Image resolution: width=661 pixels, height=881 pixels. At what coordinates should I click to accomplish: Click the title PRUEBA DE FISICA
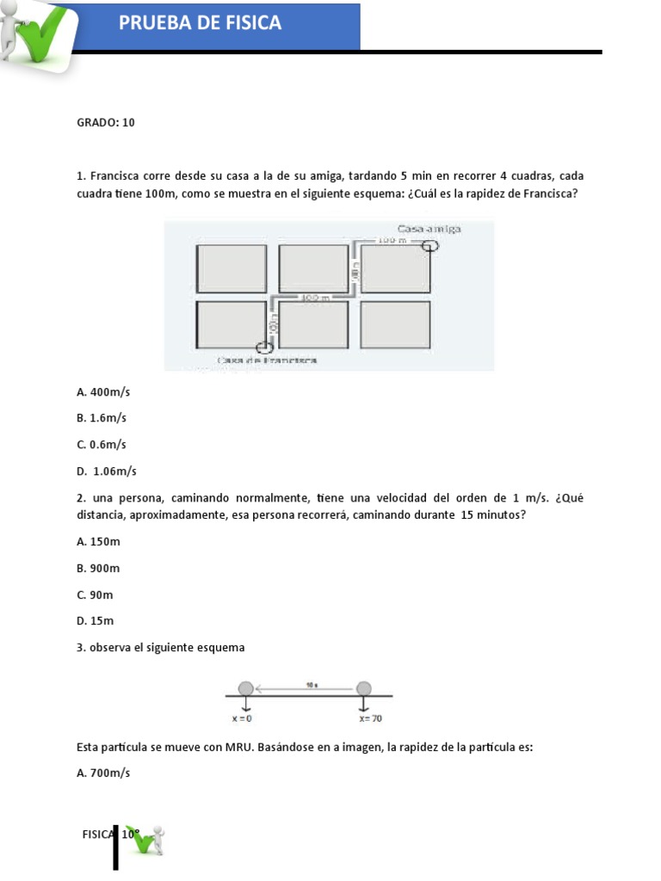coord(201,23)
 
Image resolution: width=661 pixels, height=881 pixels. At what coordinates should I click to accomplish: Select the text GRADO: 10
coord(106,122)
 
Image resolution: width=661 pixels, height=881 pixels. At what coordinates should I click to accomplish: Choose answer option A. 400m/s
coord(103,391)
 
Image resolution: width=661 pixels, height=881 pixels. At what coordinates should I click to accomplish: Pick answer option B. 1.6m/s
coord(102,418)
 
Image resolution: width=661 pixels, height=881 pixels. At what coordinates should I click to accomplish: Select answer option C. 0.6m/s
coord(102,445)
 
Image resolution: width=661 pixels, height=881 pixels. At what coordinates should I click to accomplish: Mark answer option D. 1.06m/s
coord(107,471)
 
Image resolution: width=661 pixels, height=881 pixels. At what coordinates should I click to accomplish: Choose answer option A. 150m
coord(98,541)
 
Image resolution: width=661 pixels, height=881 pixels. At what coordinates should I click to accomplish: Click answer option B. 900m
coord(98,568)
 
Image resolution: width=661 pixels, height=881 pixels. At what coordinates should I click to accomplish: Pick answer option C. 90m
coord(95,595)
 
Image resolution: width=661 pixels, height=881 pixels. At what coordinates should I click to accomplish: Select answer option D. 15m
coord(95,620)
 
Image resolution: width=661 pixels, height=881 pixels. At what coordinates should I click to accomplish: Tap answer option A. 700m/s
coord(103,773)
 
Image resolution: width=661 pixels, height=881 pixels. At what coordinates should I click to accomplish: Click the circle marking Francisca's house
coord(265,348)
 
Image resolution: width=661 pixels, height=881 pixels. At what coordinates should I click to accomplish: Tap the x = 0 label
coord(243,718)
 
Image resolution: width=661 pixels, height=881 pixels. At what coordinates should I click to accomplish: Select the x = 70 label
coord(371,718)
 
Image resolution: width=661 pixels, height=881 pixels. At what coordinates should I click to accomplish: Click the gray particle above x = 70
coord(364,687)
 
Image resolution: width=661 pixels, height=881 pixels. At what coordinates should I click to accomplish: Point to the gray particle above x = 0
coord(245,687)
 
